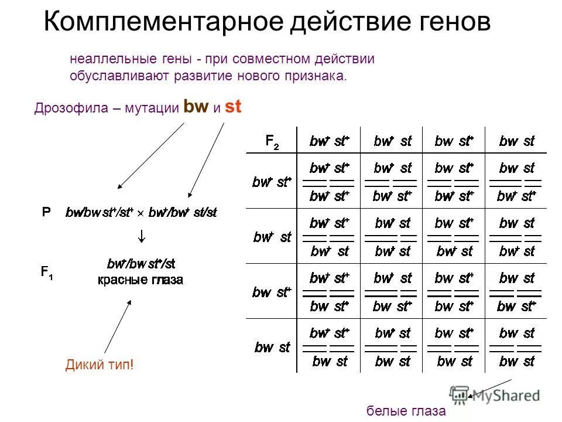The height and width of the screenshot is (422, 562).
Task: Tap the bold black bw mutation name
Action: (x=196, y=107)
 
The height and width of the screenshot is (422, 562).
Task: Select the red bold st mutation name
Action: (x=234, y=107)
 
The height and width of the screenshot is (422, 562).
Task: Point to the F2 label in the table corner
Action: (x=272, y=141)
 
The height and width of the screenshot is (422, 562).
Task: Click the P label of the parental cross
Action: (x=46, y=212)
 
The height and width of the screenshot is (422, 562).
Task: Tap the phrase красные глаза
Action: (x=140, y=280)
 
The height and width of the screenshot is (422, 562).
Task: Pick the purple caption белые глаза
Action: (x=406, y=411)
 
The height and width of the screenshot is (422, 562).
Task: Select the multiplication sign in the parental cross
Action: (x=140, y=213)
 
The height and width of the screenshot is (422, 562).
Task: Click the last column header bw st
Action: (x=516, y=141)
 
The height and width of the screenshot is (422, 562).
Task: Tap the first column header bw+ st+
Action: (x=330, y=141)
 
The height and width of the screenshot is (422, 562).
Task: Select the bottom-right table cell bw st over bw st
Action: (x=516, y=348)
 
